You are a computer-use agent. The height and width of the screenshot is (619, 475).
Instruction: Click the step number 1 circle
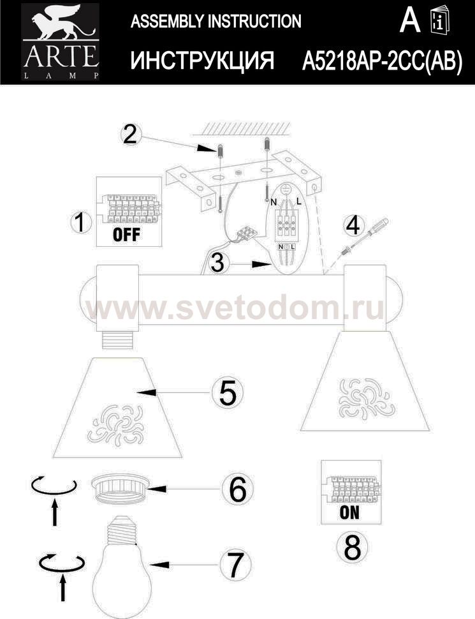point(80,222)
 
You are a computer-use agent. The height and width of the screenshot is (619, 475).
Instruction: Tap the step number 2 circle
point(130,135)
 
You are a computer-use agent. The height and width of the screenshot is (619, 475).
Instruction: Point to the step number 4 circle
point(353,226)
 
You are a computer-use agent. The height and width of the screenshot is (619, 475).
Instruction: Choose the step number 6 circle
point(237,489)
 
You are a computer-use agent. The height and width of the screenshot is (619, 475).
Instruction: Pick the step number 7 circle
point(235,565)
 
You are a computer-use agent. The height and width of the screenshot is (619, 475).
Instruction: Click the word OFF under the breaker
point(126,234)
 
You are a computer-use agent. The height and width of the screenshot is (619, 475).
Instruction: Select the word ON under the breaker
point(349,512)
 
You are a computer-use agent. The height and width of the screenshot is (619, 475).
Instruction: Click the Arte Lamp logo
point(61,41)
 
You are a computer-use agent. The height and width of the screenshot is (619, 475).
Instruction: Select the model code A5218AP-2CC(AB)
point(382,61)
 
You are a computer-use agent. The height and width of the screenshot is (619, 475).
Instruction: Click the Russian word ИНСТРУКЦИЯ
point(202,61)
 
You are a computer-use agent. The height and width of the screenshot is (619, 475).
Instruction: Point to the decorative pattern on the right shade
point(365,398)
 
